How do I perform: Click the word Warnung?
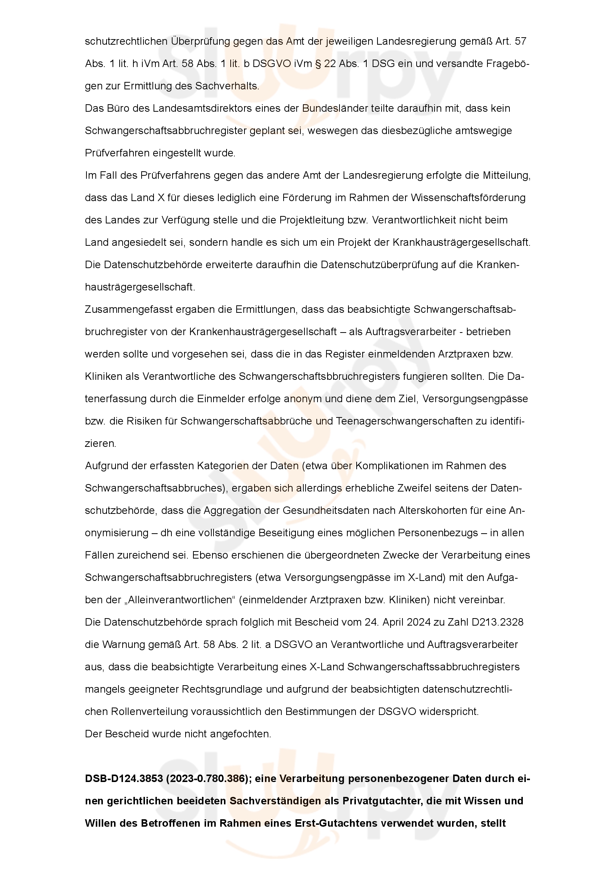tap(124, 645)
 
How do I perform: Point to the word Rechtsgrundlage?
tap(222, 689)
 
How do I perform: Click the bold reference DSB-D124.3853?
tap(123, 779)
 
